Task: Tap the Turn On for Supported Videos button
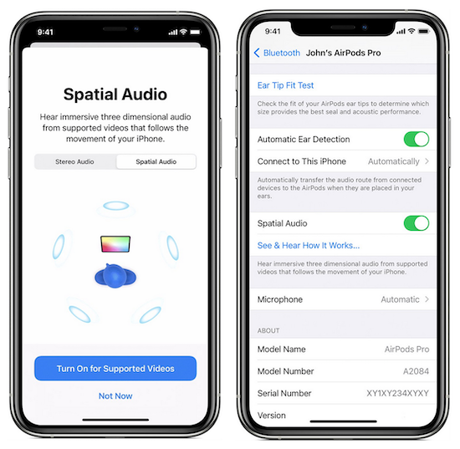pos(115,369)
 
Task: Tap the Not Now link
pos(115,396)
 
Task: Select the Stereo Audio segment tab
pos(74,161)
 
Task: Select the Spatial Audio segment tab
pos(156,161)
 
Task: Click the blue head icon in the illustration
pos(115,276)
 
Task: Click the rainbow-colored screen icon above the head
pos(115,244)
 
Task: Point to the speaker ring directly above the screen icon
pos(116,206)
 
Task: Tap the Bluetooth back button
pos(277,53)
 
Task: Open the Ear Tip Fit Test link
pos(285,85)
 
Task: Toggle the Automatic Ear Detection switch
pos(417,139)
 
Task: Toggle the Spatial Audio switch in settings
pos(417,223)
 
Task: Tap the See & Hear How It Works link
pos(309,245)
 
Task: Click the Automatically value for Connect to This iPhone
pos(394,161)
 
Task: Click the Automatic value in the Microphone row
pos(400,299)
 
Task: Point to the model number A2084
pos(416,371)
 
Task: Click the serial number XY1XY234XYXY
pos(398,393)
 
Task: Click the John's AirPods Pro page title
pos(343,53)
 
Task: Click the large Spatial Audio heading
pos(115,94)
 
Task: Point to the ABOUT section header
pos(268,330)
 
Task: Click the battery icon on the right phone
pos(424,31)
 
